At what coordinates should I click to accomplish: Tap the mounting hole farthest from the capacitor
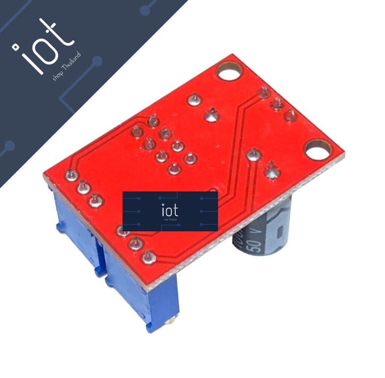coord(229,71)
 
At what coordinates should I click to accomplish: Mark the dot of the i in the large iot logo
coord(16,47)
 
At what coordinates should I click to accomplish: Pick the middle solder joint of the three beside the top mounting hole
coord(277,103)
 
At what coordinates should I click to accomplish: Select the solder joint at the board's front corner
coord(149,257)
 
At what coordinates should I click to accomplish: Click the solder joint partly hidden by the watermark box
coord(122,230)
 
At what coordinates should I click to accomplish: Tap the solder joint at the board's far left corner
coord(71,175)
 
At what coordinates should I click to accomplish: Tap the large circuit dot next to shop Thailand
coord(97,61)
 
